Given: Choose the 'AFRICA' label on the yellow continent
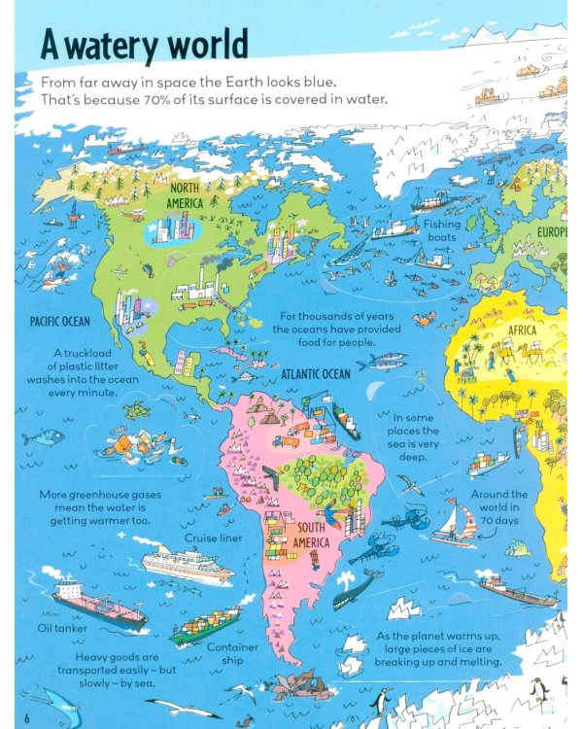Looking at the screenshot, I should tap(522, 330).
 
